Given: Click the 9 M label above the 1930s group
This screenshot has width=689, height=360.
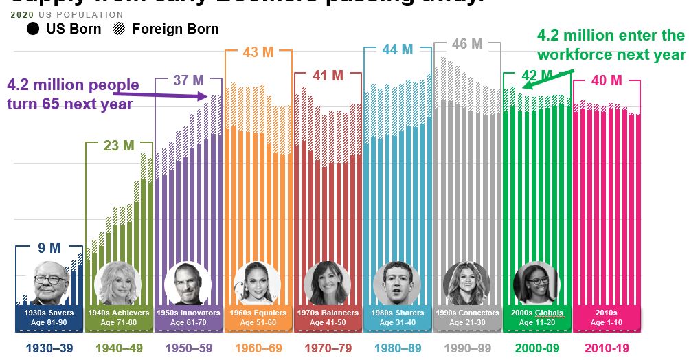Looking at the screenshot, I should (x=49, y=247).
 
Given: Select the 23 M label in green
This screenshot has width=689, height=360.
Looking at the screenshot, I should (x=119, y=145).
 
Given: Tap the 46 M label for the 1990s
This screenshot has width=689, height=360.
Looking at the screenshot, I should (x=467, y=45).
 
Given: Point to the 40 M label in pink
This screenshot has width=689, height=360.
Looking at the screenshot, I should (x=606, y=81).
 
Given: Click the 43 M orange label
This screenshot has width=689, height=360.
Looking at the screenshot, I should (x=258, y=52).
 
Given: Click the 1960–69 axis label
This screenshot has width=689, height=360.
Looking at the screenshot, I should (x=258, y=348).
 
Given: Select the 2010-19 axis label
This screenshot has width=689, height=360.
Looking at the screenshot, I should (x=607, y=348).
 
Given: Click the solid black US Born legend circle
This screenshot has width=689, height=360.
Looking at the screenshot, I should (x=33, y=29).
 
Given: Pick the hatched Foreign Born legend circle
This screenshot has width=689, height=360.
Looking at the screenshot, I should (x=118, y=29).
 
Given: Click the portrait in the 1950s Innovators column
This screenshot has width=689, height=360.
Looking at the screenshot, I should (x=188, y=283).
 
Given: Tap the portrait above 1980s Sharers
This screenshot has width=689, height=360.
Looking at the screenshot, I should (x=396, y=283).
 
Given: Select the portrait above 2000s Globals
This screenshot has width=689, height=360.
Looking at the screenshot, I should (x=536, y=283).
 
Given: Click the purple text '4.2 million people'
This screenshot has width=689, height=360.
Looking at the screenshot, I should (x=73, y=86).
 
